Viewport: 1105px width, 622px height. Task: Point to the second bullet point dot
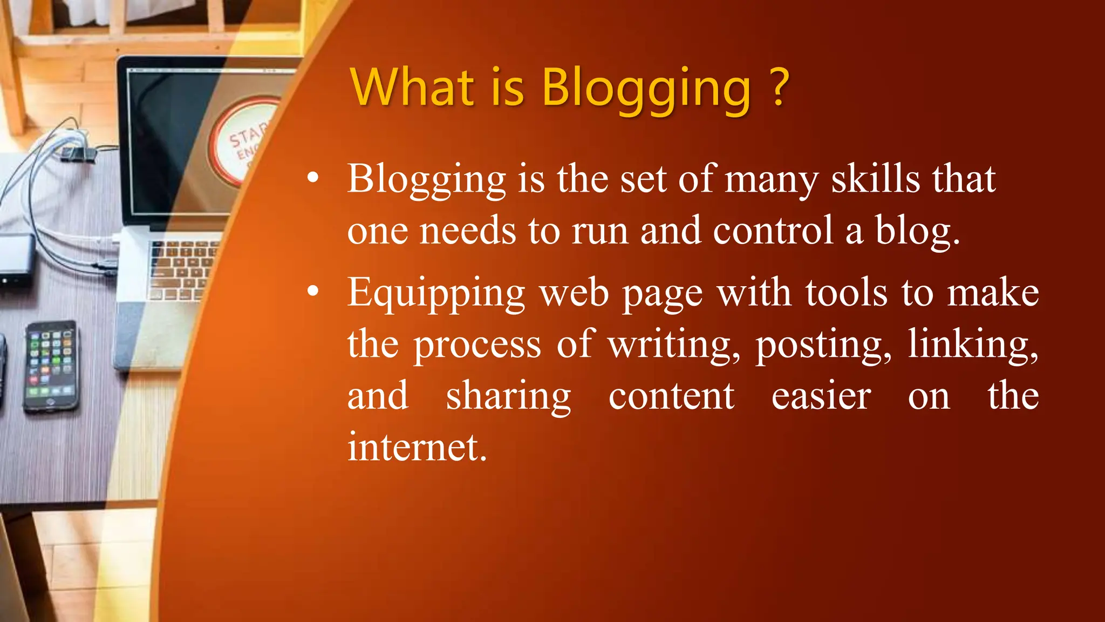[x=313, y=292]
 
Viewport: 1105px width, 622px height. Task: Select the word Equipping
[x=436, y=294]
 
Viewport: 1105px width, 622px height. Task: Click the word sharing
[x=508, y=396]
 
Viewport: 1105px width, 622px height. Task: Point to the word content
[x=671, y=396]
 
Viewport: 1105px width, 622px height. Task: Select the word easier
[x=821, y=396]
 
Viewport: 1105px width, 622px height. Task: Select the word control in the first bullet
[x=773, y=231]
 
